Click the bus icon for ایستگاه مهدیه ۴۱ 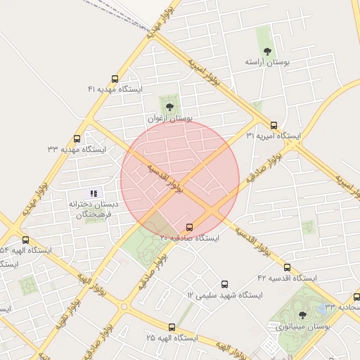click(x=115, y=79)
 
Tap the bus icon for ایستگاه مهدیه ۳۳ click(x=77, y=139)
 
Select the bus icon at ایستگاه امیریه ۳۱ click(x=274, y=124)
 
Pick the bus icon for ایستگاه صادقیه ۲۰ click(x=189, y=227)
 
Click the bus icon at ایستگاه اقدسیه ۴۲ click(x=287, y=267)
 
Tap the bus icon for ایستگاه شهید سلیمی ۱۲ click(x=224, y=284)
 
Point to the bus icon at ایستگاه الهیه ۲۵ click(x=172, y=327)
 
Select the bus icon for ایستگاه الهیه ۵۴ click(x=26, y=240)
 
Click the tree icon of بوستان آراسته click(x=267, y=51)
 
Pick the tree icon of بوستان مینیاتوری click(x=302, y=315)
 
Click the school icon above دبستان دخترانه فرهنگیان click(x=94, y=193)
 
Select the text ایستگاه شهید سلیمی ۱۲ click(x=224, y=295)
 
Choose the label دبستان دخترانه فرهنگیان click(x=94, y=210)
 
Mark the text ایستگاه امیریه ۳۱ click(x=274, y=136)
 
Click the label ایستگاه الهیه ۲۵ click(x=172, y=338)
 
